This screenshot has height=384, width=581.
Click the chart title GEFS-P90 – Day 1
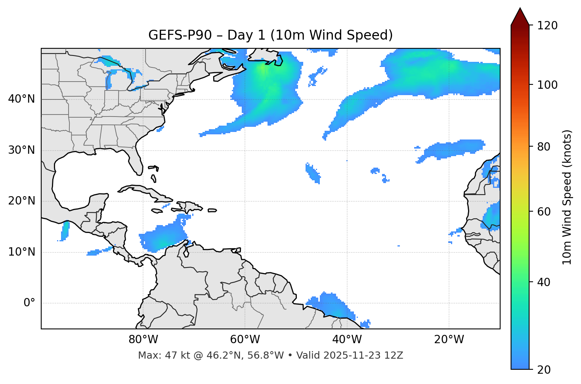270,35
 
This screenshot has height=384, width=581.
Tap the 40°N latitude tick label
21,99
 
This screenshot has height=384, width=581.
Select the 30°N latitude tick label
21,150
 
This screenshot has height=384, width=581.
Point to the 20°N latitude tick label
21,201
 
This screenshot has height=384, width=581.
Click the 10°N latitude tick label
21,252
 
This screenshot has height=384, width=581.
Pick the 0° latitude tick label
29,303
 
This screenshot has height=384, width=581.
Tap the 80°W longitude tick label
143,340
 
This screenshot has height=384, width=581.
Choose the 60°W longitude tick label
245,340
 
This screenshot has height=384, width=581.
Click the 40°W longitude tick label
347,340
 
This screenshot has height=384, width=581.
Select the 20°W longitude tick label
449,340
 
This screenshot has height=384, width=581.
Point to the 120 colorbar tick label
547,26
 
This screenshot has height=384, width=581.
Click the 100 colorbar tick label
547,85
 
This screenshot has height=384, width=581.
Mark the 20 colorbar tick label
544,370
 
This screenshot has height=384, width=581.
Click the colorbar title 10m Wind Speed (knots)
567,197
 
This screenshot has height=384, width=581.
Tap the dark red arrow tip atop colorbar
520,16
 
